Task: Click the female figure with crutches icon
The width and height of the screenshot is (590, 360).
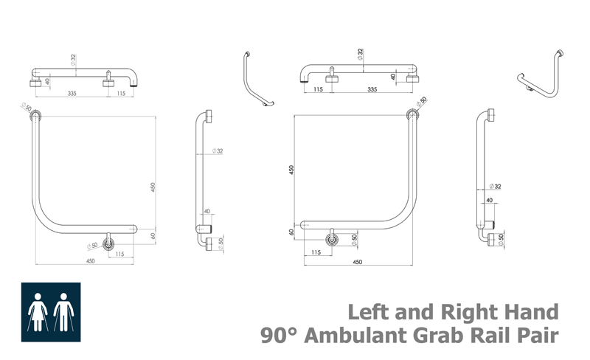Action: tap(38, 312)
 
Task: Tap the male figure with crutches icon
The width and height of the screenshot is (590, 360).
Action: tap(63, 312)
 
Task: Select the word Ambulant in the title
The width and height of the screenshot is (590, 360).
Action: tap(356, 336)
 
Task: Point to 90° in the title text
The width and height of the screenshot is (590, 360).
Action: tap(280, 336)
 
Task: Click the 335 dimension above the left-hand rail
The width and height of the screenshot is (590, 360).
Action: tap(72, 93)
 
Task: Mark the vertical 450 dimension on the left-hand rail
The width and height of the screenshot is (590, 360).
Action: tap(153, 187)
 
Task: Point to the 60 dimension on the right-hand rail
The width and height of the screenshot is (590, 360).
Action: tap(291, 232)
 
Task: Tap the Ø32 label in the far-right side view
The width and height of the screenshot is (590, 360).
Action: tap(495, 187)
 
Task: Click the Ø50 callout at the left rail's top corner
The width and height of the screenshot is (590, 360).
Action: tap(27, 106)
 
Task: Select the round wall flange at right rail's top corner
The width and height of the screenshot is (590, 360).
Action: tap(412, 114)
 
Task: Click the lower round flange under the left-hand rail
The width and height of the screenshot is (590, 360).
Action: tap(108, 243)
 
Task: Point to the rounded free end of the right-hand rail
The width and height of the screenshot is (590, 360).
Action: tap(303, 225)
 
